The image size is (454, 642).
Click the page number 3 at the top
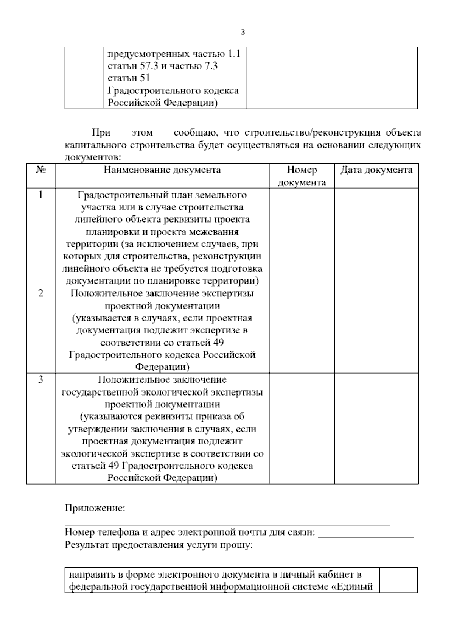pyautogui.click(x=243, y=32)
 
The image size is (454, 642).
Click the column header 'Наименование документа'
pyautogui.click(x=162, y=170)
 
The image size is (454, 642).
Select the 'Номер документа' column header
pyautogui.click(x=302, y=176)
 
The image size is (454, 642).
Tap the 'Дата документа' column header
pyautogui.click(x=376, y=170)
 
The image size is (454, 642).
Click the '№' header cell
pyautogui.click(x=41, y=170)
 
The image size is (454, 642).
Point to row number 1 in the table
pyautogui.click(x=41, y=195)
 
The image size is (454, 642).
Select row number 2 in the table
pyautogui.click(x=41, y=293)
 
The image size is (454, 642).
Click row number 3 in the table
pyautogui.click(x=41, y=380)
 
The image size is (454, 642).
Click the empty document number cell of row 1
pyautogui.click(x=302, y=237)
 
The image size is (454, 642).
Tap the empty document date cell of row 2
pyautogui.click(x=376, y=330)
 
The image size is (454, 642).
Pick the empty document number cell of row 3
pyautogui.click(x=302, y=429)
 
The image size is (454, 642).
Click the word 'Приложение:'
pyautogui.click(x=95, y=508)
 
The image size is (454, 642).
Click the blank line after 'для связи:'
pyautogui.click(x=366, y=533)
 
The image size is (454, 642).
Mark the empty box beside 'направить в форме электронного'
pyautogui.click(x=398, y=580)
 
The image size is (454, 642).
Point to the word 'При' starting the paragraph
pyautogui.click(x=101, y=133)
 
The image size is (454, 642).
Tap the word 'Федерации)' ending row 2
pyautogui.click(x=162, y=367)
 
